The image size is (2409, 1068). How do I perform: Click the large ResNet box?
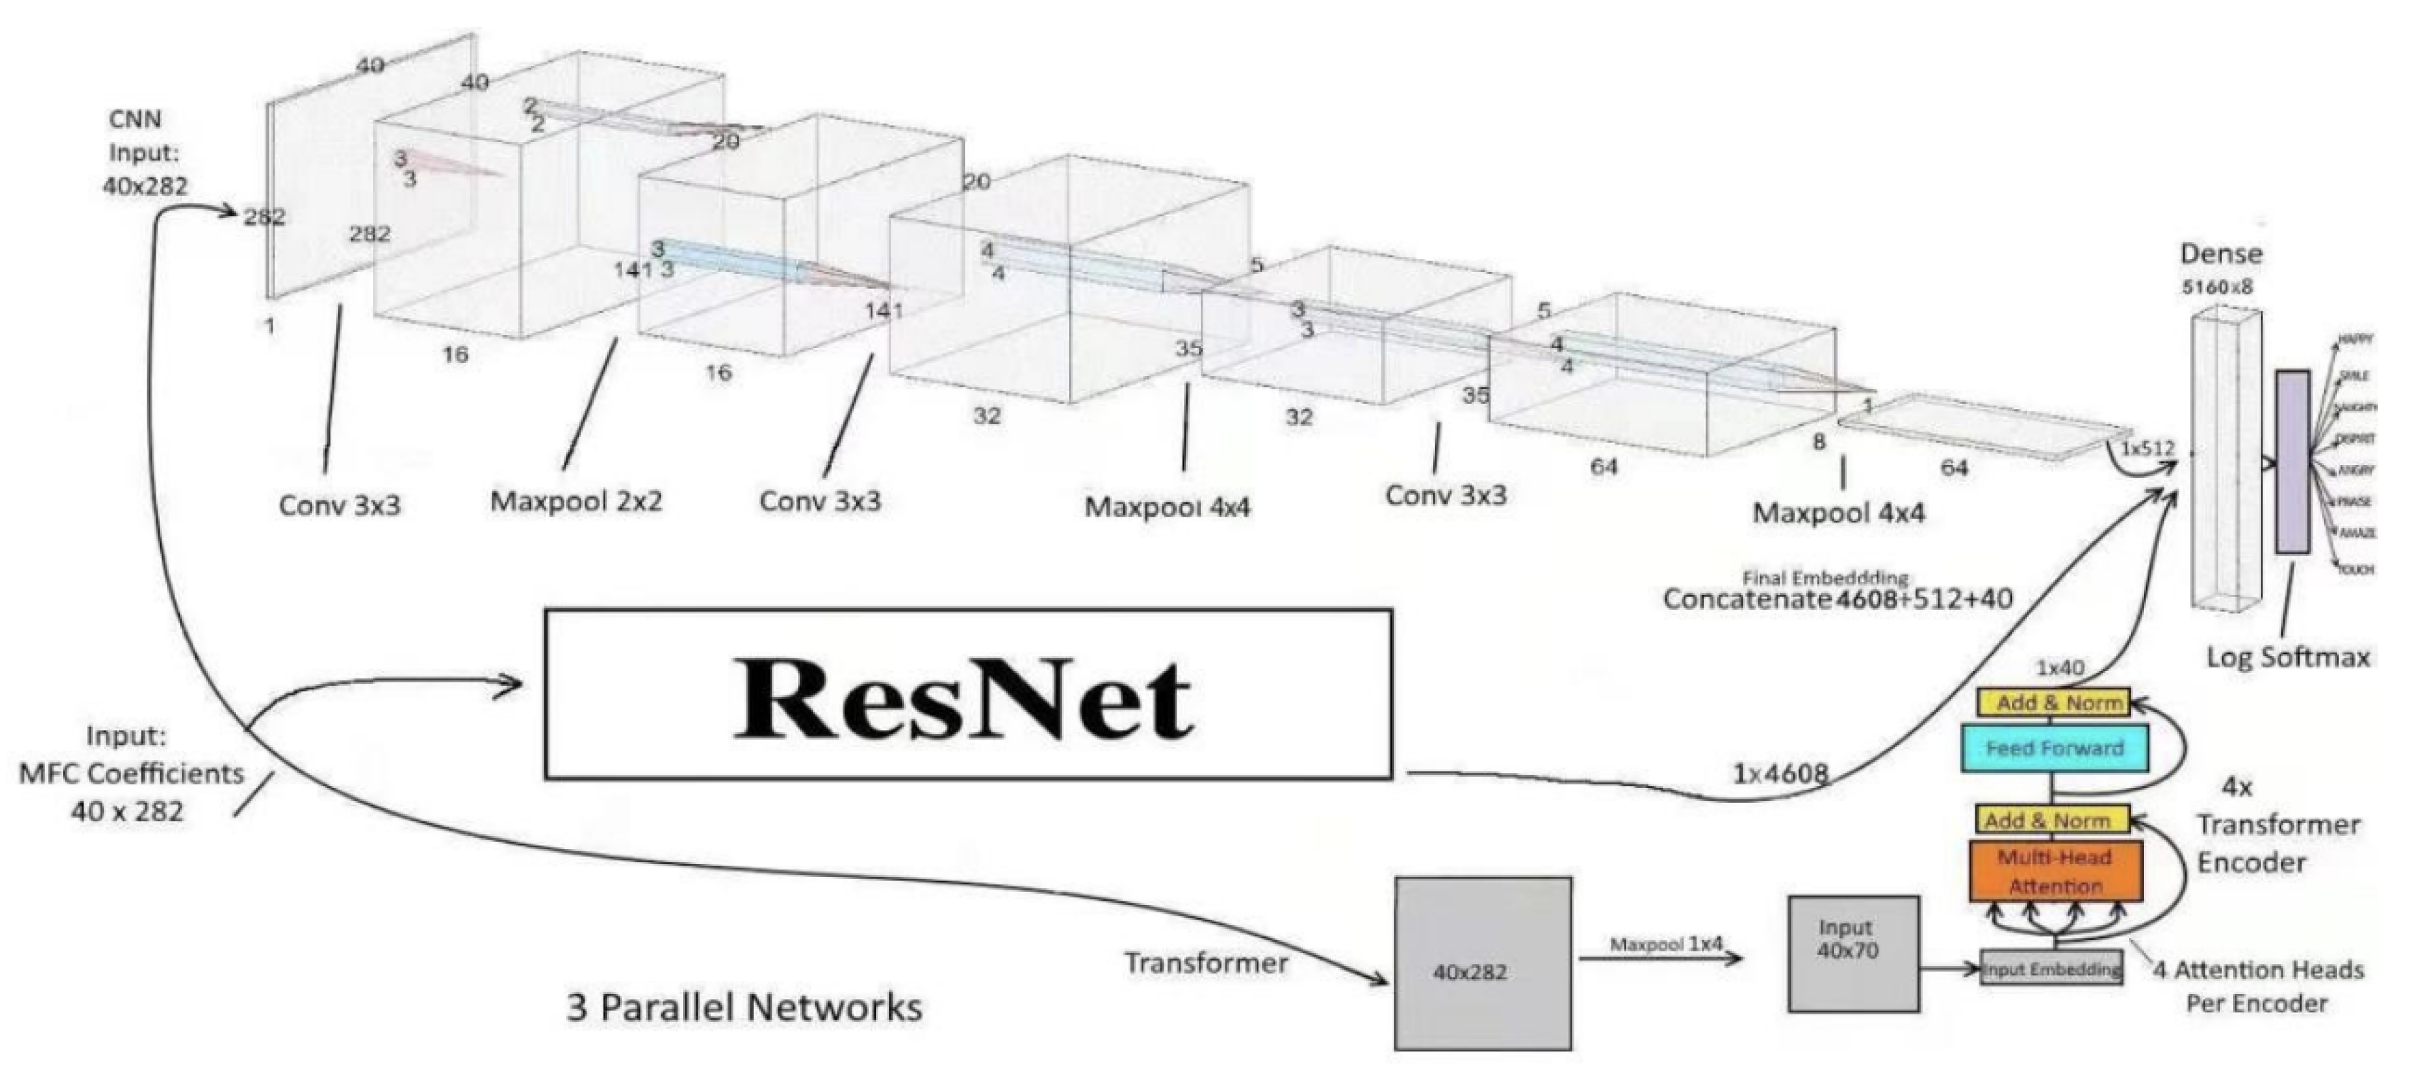click(x=968, y=694)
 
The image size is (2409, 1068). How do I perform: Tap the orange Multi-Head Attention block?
click(x=2055, y=872)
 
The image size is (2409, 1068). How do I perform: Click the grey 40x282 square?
click(x=1483, y=963)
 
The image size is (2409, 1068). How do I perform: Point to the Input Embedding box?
click(x=2051, y=969)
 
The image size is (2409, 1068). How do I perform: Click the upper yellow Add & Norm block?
click(x=2053, y=703)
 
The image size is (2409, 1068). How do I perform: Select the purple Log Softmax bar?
click(x=2292, y=461)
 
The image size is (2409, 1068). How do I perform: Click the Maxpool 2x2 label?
click(x=576, y=501)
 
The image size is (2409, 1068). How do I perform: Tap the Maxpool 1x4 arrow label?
click(x=1665, y=944)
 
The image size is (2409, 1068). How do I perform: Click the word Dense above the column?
click(x=2221, y=254)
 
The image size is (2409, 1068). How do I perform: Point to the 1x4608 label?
click(x=1780, y=774)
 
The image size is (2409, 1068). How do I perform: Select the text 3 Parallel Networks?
click(x=744, y=1007)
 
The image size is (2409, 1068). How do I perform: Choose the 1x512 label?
click(x=2147, y=449)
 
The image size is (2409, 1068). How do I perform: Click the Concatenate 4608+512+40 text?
click(x=1837, y=598)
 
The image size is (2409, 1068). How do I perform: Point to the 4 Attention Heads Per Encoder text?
click(x=2257, y=986)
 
